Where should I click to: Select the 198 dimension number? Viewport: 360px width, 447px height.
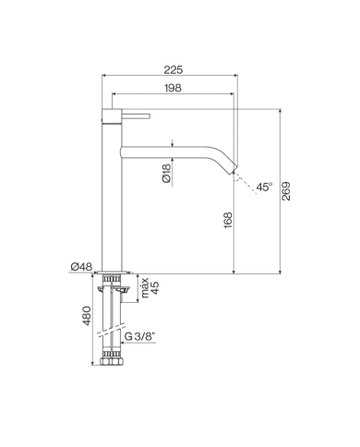pyautogui.click(x=172, y=89)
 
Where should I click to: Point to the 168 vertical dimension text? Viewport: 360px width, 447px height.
pyautogui.click(x=228, y=222)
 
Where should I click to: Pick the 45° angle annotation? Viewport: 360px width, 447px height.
pyautogui.click(x=264, y=187)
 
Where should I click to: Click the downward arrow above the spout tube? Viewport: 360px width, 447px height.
pyautogui.click(x=174, y=142)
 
